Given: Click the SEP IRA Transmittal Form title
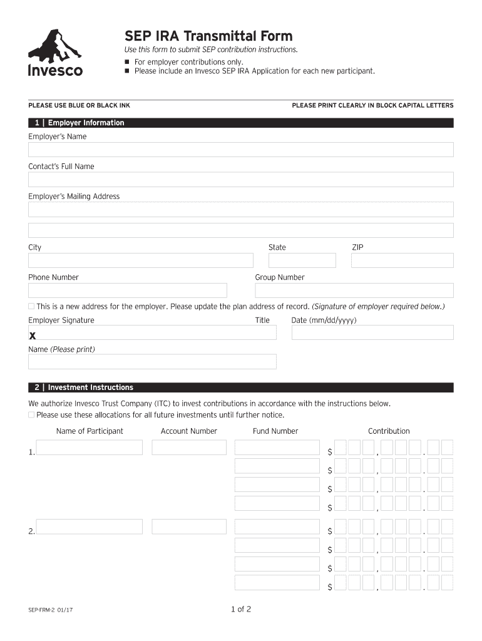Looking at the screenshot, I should (x=208, y=36).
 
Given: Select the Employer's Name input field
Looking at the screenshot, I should (x=240, y=150).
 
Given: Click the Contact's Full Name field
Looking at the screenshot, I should (x=240, y=180).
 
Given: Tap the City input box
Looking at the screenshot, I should (x=140, y=260).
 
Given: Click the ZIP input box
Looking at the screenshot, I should (x=402, y=260).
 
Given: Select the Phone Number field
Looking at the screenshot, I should (x=127, y=290).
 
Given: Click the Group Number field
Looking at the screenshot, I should (x=354, y=290).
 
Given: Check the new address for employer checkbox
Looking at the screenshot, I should (x=31, y=306).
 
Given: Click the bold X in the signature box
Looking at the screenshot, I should (x=33, y=336).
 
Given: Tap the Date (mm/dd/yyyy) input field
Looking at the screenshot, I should (x=372, y=332).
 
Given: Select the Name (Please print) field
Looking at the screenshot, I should (x=152, y=362).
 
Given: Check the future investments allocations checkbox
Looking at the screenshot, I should (x=31, y=415).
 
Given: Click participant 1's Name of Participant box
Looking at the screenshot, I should (x=89, y=448).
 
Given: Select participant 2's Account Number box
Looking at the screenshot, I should (x=188, y=526).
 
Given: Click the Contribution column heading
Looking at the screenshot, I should (x=389, y=431).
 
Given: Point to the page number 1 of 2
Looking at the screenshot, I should (x=240, y=609).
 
